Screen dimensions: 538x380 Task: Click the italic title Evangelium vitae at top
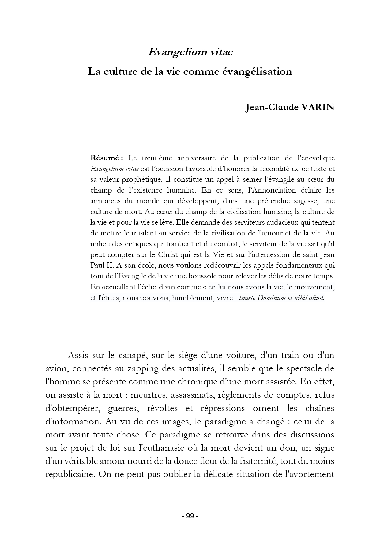click(x=190, y=52)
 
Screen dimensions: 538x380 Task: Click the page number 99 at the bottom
click(x=190, y=516)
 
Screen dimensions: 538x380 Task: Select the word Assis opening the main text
click(x=77, y=356)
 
